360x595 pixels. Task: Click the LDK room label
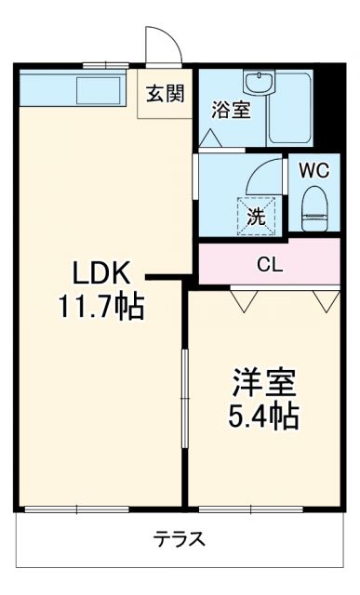[107, 275]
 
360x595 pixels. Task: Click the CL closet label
[270, 264]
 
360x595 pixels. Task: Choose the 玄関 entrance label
[165, 94]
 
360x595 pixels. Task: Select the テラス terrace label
[180, 539]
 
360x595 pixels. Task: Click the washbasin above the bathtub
[257, 83]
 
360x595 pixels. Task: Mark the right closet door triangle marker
[325, 299]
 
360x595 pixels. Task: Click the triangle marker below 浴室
[211, 138]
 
